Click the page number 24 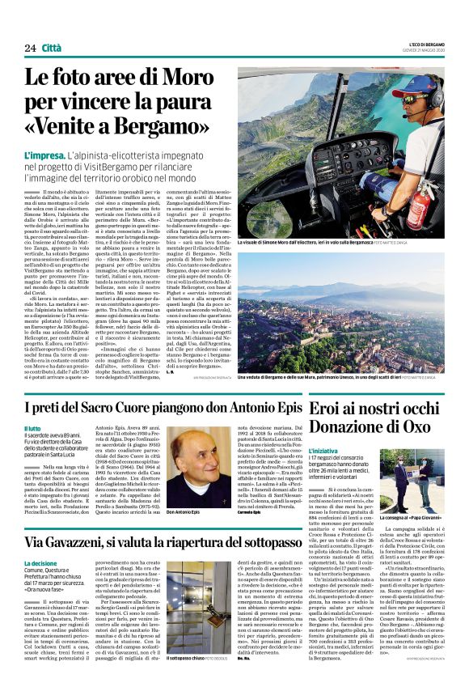point(30,48)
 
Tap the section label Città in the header point(53,48)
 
